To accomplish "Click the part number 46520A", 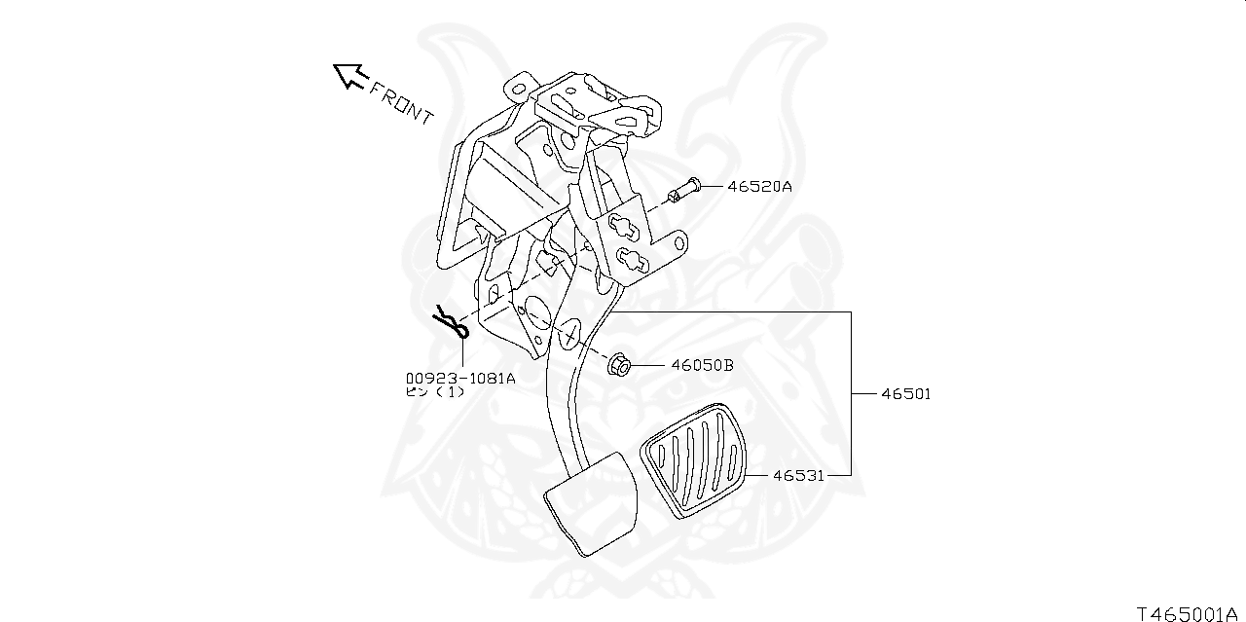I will pyautogui.click(x=759, y=186).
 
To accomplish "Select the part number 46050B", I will pyautogui.click(x=702, y=366).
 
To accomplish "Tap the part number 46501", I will pyautogui.click(x=906, y=394).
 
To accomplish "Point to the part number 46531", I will pyautogui.click(x=799, y=476).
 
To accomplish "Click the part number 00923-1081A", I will pyautogui.click(x=460, y=379).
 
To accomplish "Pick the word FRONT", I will pyautogui.click(x=401, y=102).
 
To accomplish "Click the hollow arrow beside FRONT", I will pyautogui.click(x=348, y=75).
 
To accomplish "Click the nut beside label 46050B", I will pyautogui.click(x=620, y=366).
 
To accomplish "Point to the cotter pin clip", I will pyautogui.click(x=451, y=322).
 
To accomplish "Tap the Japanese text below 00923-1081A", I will pyautogui.click(x=435, y=392).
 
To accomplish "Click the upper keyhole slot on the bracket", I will pyautogui.click(x=628, y=228).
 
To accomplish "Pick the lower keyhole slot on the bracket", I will pyautogui.click(x=634, y=260).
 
